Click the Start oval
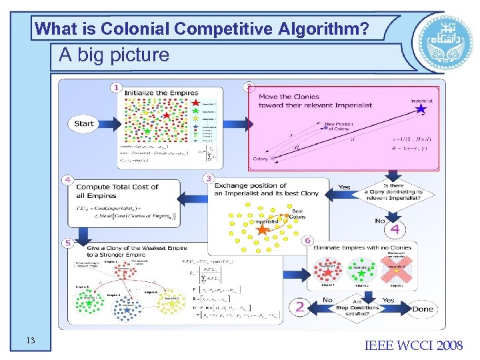85,123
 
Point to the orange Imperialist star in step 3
263,230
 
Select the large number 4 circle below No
395,230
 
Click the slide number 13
30,341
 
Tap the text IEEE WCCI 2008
413,345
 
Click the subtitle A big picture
113,55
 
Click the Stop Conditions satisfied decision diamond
357,308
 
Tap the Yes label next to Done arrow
387,299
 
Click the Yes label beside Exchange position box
344,187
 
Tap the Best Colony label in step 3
298,213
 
